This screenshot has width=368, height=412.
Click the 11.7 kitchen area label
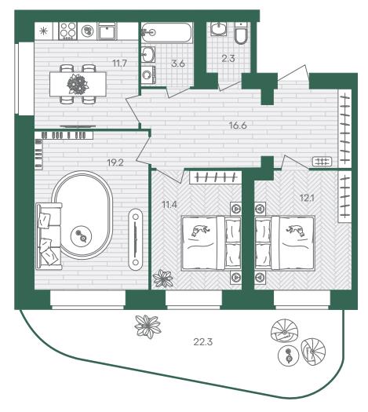120,64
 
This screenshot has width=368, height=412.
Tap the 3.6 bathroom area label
178,64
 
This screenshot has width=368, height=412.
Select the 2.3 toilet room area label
228,58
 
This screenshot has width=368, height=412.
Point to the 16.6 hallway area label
238,126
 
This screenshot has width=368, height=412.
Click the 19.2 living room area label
115,163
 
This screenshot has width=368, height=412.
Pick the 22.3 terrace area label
202,342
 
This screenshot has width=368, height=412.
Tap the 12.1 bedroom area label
307,198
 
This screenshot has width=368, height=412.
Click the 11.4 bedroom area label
169,204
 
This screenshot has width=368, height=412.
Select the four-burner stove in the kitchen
67,31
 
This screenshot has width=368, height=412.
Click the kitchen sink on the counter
107,31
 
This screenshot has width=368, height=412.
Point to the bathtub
167,32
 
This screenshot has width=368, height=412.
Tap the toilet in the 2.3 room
241,33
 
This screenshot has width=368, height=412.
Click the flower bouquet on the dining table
78,84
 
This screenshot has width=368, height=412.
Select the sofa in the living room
49,236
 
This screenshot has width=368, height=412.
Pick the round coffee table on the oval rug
81,236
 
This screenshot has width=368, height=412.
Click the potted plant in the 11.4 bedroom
163,279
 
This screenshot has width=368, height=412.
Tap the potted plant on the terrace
148,326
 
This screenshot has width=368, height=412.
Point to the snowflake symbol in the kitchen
43,31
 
